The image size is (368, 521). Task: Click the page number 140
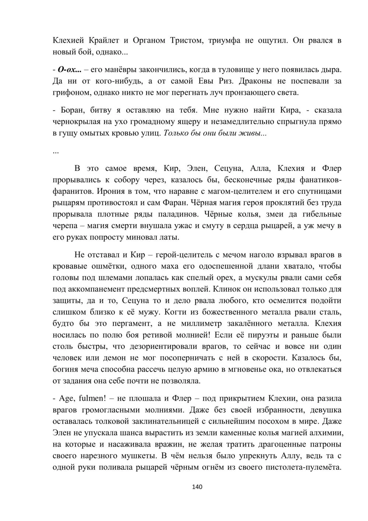[x=197, y=487]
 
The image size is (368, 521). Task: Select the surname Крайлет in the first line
[x=106, y=41]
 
